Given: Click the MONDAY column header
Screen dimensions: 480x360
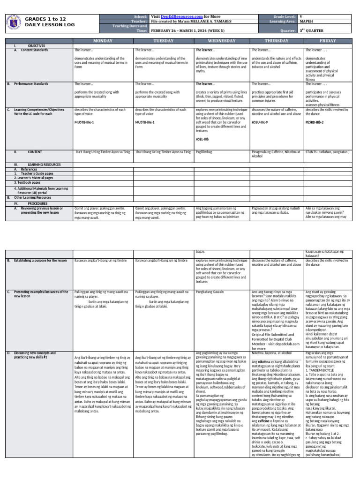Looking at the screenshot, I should click(103, 41).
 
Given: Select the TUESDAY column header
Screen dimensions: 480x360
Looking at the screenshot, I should click(163, 41).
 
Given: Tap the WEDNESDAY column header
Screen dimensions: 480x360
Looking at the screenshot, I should click(222, 41).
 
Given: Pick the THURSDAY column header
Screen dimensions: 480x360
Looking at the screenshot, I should click(277, 41).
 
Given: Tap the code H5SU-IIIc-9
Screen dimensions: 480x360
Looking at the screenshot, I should click(261, 122).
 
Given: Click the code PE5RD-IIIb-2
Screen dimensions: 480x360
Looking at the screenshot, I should click(316, 122).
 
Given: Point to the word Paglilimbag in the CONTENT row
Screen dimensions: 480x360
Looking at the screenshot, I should click(206, 152).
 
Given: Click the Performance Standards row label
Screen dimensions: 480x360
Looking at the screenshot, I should click(31, 84).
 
